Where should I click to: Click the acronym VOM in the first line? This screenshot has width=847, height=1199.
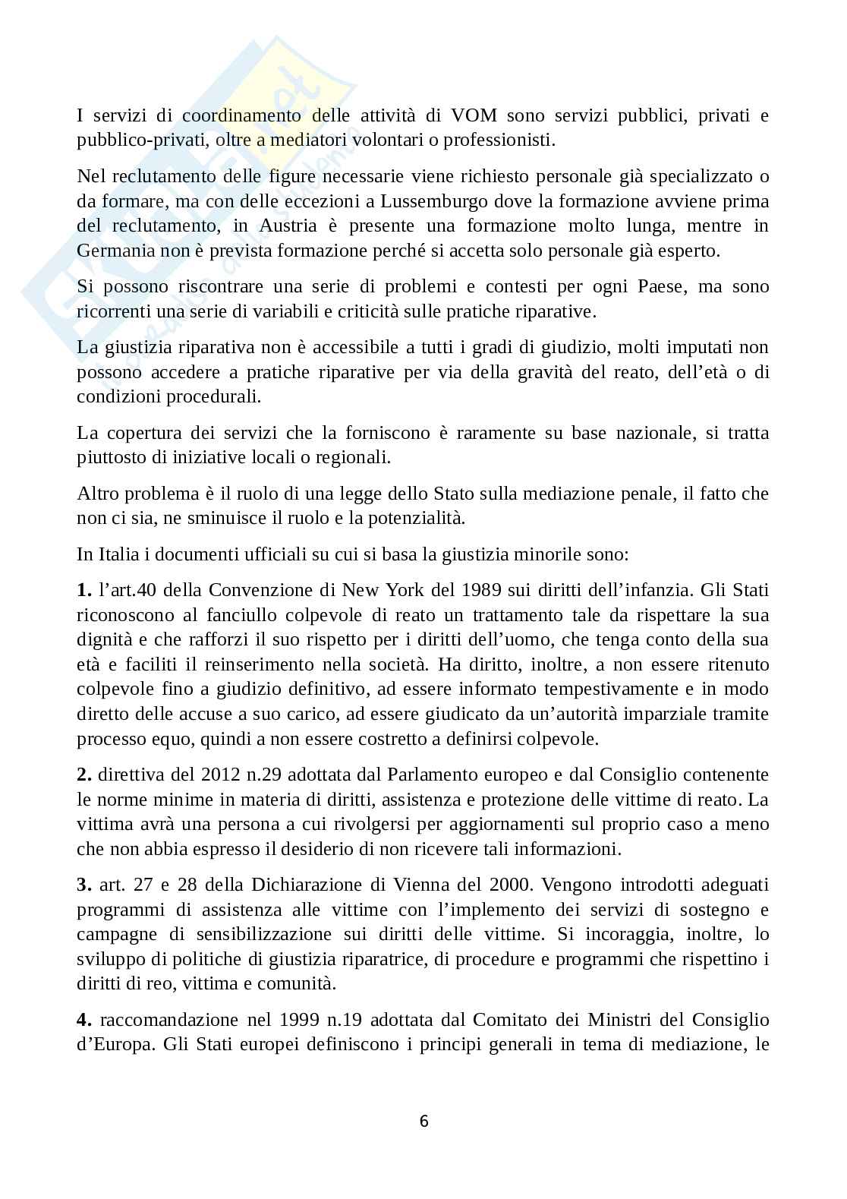(474, 115)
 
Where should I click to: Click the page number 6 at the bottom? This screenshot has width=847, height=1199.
(423, 1121)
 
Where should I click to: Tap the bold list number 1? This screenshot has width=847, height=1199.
(83, 590)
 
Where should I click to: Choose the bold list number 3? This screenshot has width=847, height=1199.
(83, 885)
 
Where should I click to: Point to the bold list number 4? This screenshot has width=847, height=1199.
(83, 1019)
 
